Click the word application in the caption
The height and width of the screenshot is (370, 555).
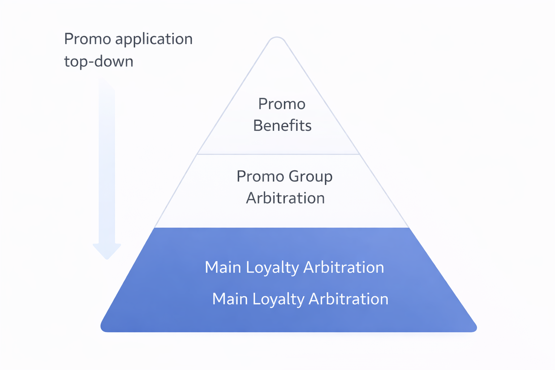click(x=154, y=39)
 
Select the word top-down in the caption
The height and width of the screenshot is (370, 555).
click(x=99, y=61)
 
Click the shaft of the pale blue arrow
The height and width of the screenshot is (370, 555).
click(x=107, y=163)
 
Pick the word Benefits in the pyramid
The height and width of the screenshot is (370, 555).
click(x=282, y=126)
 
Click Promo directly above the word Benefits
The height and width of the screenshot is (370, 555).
click(x=282, y=104)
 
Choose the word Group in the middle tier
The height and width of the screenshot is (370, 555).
click(x=310, y=177)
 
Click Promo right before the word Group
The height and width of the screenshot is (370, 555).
click(x=260, y=176)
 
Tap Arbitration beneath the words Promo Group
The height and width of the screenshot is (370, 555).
click(x=285, y=198)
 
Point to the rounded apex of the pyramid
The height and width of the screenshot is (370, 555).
click(x=277, y=39)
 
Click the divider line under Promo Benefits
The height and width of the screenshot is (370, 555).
click(x=278, y=154)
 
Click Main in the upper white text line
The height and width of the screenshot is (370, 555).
click(x=223, y=267)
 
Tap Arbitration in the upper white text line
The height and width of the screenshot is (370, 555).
click(x=343, y=267)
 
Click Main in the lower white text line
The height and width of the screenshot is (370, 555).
click(x=230, y=299)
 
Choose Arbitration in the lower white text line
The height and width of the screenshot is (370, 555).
click(x=348, y=299)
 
